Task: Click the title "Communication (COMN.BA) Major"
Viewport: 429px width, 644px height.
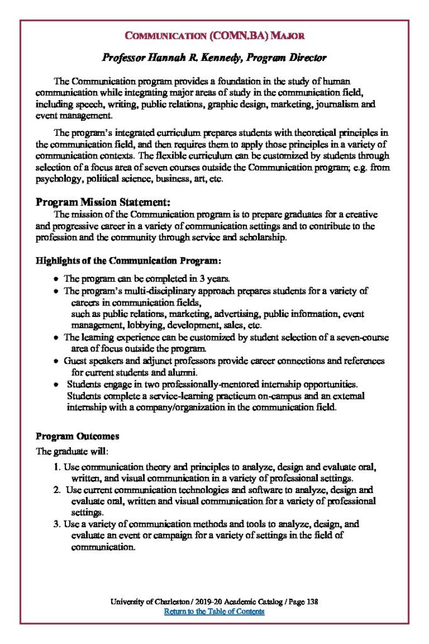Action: (x=214, y=36)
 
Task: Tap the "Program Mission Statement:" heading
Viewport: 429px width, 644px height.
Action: (x=102, y=202)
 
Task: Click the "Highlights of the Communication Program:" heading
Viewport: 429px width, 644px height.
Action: (x=128, y=260)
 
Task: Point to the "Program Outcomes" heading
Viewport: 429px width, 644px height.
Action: (x=77, y=436)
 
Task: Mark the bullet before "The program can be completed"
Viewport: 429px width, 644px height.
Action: (x=57, y=277)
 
